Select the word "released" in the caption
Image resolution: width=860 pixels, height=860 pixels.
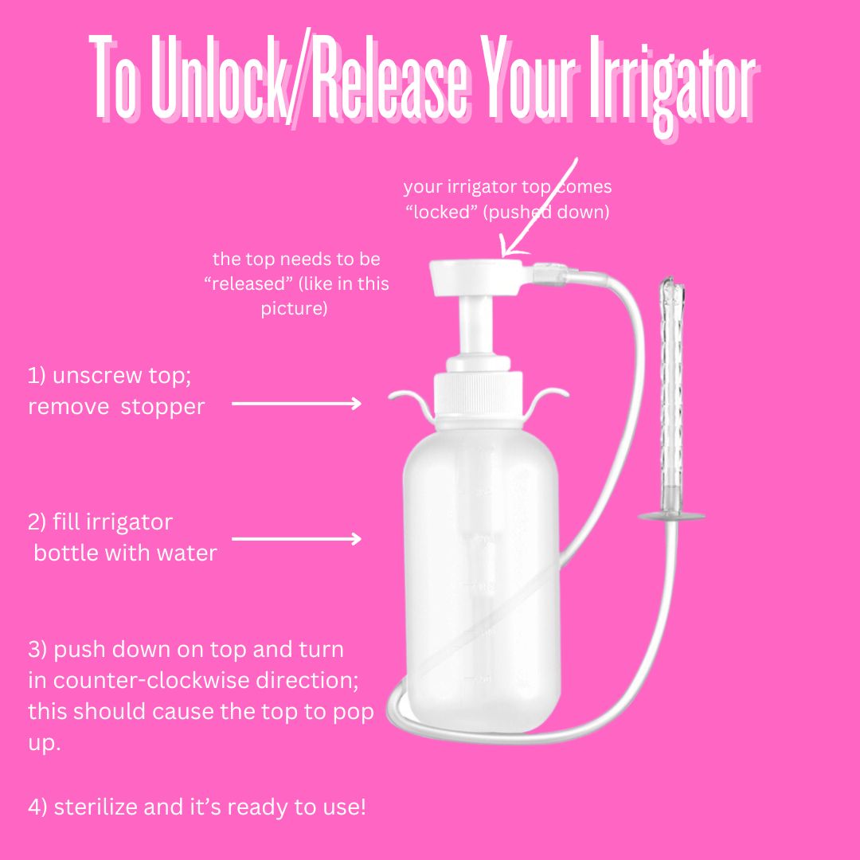(x=248, y=283)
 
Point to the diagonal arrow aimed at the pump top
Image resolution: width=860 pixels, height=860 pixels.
(x=540, y=207)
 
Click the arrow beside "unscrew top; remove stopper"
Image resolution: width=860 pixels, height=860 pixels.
(x=296, y=404)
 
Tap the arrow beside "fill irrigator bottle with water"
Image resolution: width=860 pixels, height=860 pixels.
(x=296, y=539)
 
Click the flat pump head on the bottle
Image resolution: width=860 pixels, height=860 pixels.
(x=476, y=277)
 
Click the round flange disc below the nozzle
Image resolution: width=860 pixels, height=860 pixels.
(x=671, y=516)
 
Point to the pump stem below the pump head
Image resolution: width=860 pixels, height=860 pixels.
(x=476, y=327)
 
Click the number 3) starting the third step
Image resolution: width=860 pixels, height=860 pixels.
(x=37, y=650)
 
